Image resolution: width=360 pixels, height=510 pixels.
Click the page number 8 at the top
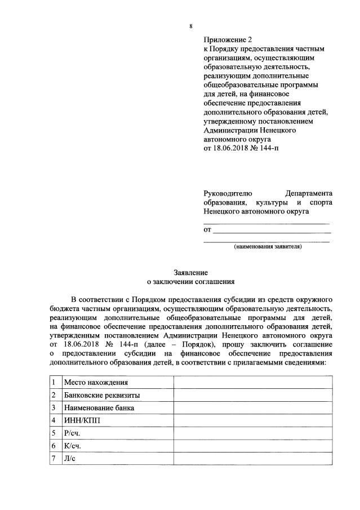[x=190, y=26]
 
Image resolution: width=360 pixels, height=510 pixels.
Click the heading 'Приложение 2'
[x=228, y=39]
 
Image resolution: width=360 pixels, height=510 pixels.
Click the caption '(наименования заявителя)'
[x=268, y=247]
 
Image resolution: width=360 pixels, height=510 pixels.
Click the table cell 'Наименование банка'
[x=99, y=408]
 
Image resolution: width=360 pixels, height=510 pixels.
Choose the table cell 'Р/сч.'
[x=73, y=433]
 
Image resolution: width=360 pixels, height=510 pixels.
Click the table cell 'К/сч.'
[x=73, y=446]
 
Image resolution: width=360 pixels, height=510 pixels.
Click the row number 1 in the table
[x=53, y=383]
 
